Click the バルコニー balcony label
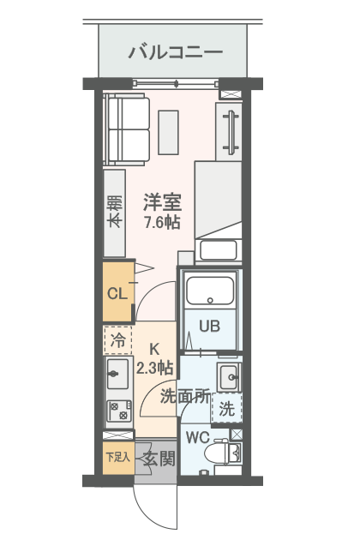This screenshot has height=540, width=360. click(x=176, y=52)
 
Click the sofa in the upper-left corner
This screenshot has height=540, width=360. click(x=126, y=129)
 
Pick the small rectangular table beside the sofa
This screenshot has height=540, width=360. click(x=168, y=132)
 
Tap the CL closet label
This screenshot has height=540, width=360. click(x=117, y=294)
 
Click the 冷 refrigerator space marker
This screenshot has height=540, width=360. click(x=118, y=340)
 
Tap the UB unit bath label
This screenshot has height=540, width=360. click(x=209, y=326)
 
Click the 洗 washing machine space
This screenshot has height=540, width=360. click(x=226, y=410)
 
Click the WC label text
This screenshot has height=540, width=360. click(x=197, y=437)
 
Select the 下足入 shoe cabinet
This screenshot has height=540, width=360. click(x=117, y=457)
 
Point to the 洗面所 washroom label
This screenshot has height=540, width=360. click(x=185, y=396)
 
